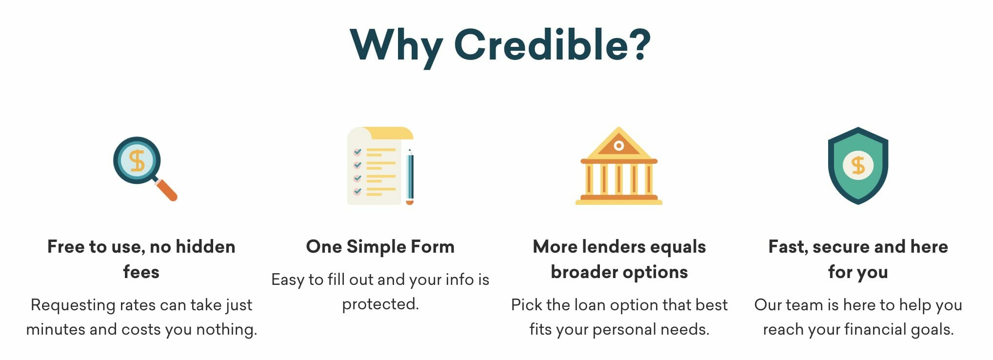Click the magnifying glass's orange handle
pyautogui.click(x=166, y=190)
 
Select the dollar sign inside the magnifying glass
pyautogui.click(x=138, y=160)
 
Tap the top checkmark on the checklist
pyautogui.click(x=357, y=152)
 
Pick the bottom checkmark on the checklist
pyautogui.click(x=357, y=191)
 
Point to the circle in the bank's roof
pyautogui.click(x=619, y=146)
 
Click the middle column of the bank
pyautogui.click(x=619, y=179)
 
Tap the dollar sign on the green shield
pyautogui.click(x=858, y=165)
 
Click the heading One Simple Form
pyautogui.click(x=380, y=247)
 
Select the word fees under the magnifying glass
pyautogui.click(x=141, y=272)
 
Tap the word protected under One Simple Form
pyautogui.click(x=380, y=304)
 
